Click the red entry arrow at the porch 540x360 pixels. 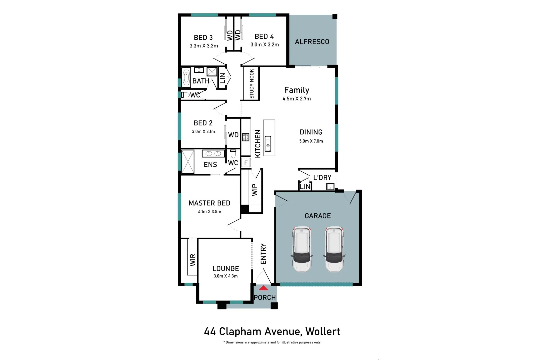(263, 288)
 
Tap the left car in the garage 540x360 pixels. (302, 249)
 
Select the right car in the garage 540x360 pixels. (334, 249)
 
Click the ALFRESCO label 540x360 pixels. (312, 42)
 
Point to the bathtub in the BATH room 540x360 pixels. (186, 77)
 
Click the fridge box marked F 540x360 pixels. (246, 163)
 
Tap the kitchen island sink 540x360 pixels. (268, 144)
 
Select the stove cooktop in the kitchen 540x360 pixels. (246, 137)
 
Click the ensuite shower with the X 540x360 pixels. (188, 162)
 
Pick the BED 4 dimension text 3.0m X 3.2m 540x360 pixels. (265, 45)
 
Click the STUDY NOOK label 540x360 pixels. (252, 83)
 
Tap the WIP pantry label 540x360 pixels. (255, 190)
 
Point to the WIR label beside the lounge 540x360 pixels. (193, 260)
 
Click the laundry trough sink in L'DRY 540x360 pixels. (330, 187)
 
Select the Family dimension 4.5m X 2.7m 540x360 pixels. (296, 99)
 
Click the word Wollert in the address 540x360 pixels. (322, 331)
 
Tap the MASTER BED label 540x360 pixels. (209, 203)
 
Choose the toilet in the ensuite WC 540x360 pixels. (233, 154)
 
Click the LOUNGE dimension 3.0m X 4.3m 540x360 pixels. (226, 276)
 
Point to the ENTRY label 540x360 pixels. (263, 254)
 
